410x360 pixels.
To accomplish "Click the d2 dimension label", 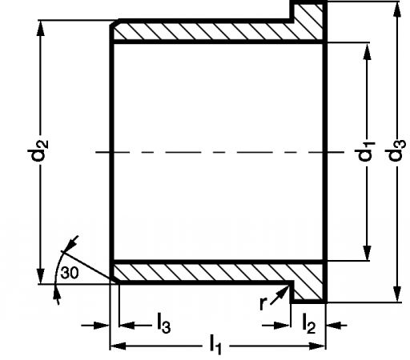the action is tap(38, 150).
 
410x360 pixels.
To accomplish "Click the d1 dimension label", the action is tap(365, 151).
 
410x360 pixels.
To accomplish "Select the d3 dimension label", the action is tap(396, 150).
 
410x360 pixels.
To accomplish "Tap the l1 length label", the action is tap(215, 345).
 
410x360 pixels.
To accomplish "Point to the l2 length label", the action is tap(309, 323).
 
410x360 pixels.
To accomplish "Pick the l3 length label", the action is tap(163, 323).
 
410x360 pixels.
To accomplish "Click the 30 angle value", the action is tap(70, 273).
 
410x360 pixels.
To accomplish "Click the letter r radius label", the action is tap(263, 302).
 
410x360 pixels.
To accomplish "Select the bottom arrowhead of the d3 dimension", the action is tap(397, 294).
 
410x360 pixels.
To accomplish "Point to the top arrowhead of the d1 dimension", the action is tap(368, 52).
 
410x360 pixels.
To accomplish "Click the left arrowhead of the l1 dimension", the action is tap(118, 346).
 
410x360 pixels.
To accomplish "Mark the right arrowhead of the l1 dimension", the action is tap(318, 346).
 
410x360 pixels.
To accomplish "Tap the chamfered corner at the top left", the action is tap(115, 23).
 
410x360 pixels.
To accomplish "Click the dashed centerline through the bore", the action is tap(220, 152).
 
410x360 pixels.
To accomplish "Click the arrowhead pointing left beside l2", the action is tap(334, 326).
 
